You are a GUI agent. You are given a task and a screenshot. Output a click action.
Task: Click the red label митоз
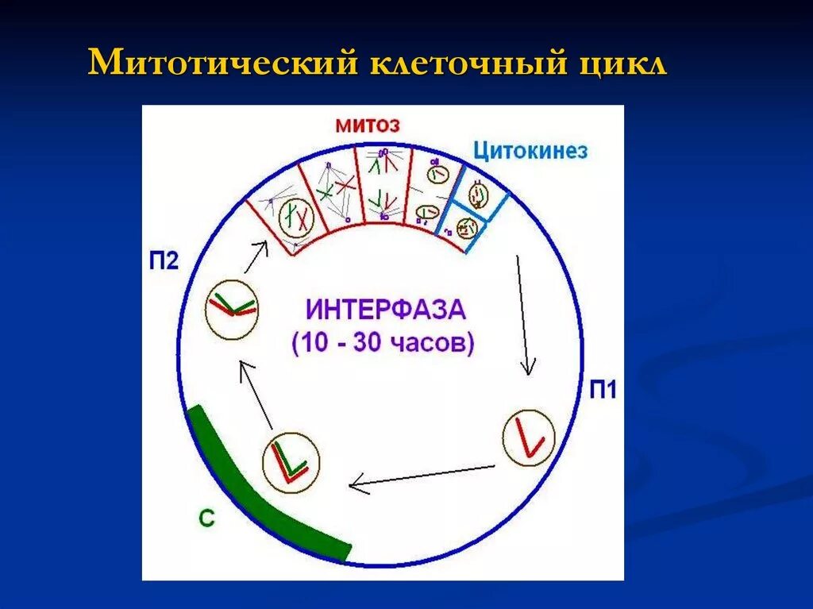(x=366, y=125)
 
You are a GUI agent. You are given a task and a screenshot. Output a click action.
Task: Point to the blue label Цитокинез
(x=530, y=150)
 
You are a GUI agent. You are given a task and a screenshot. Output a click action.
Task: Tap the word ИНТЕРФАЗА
(x=385, y=309)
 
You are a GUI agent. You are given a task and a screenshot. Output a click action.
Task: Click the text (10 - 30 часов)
(x=383, y=344)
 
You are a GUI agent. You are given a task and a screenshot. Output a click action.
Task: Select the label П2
(x=164, y=261)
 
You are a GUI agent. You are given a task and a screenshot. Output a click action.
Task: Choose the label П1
(x=603, y=390)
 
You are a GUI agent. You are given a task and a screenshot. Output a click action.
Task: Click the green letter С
(x=206, y=518)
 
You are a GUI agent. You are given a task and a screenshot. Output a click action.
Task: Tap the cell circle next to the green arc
(x=291, y=462)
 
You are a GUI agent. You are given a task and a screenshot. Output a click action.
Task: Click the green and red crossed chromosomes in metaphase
(x=334, y=187)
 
